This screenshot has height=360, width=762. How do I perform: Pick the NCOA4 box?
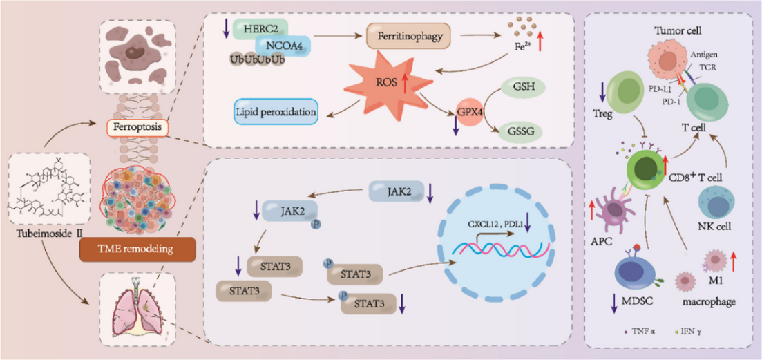coord(282,46)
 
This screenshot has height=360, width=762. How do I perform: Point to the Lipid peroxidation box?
coord(275,111)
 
